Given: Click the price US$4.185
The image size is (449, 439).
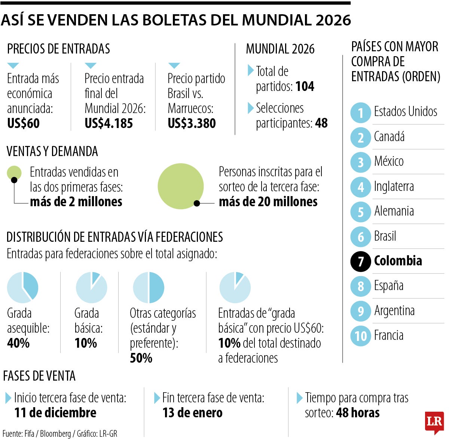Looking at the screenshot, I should click(109, 124).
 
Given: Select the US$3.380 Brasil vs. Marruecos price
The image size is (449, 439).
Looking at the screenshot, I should click(192, 124).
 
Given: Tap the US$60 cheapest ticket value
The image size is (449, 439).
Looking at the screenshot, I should click(23, 124).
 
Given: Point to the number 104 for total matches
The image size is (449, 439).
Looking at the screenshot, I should click(305, 86).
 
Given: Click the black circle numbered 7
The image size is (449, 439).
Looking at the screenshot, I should click(360, 261).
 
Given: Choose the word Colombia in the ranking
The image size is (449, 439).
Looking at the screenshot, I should click(398, 261).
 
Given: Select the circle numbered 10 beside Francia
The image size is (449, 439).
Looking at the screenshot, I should click(360, 336).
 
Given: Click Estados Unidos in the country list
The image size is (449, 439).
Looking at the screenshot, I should click(406, 112).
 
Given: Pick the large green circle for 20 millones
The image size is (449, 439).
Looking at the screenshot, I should click(181, 186).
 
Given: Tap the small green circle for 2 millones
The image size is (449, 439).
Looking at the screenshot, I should click(14, 173).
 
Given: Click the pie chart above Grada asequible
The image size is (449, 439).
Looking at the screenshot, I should click(22, 287).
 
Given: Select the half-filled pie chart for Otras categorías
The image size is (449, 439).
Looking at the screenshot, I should click(149, 287).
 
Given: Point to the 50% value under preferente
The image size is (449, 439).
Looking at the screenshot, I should click(141, 358).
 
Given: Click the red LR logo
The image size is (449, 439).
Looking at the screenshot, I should click(434, 422).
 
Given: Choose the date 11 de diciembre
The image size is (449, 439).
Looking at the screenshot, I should click(55, 413).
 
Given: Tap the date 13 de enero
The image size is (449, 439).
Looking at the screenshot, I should click(192, 413).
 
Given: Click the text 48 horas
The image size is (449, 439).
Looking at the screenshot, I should click(358, 413).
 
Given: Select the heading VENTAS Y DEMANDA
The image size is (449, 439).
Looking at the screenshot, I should click(52, 152).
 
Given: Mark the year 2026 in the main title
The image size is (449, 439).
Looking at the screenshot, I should click(333, 20).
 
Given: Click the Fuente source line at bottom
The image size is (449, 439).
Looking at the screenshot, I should click(60, 434).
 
